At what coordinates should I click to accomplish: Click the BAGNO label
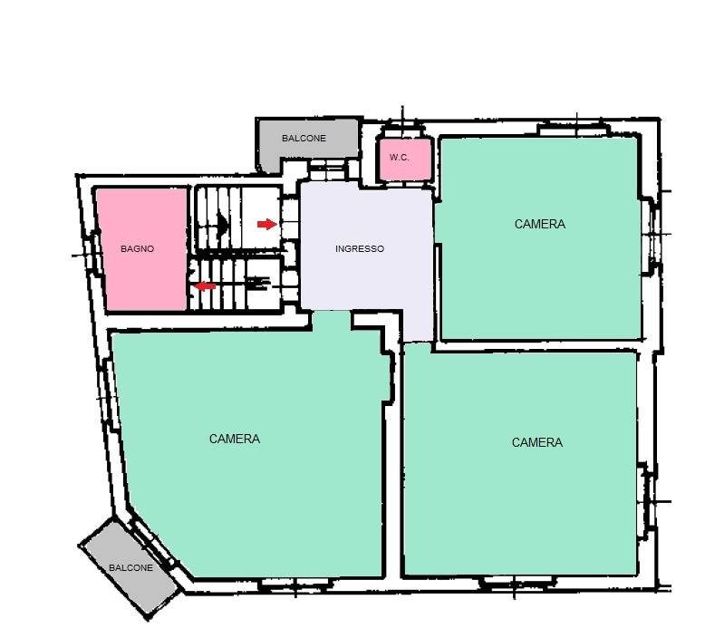click(x=138, y=248)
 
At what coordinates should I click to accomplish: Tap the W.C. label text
click(x=399, y=158)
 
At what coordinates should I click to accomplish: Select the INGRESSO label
click(x=360, y=249)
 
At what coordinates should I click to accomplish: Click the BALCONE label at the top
click(x=304, y=139)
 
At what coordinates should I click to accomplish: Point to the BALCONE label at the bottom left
click(x=131, y=567)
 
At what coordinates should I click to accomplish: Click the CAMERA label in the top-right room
click(x=539, y=224)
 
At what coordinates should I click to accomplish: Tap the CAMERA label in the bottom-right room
click(x=537, y=443)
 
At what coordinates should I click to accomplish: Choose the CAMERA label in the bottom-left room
click(x=235, y=439)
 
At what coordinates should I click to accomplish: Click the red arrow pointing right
click(x=266, y=224)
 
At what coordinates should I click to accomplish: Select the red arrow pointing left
click(x=207, y=286)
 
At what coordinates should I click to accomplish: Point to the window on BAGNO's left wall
click(x=94, y=251)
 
